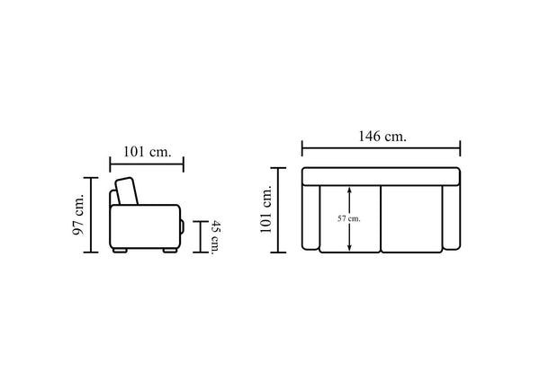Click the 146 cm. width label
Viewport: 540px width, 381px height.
pos(382,137)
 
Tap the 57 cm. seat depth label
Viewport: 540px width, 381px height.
pos(349,218)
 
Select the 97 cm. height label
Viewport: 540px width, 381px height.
pos(78,215)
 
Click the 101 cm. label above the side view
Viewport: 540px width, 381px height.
pos(147,152)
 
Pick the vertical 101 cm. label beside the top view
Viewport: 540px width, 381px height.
pos(266,209)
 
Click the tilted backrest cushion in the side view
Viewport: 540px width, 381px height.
pos(126,191)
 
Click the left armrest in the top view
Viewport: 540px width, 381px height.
pos(310,217)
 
